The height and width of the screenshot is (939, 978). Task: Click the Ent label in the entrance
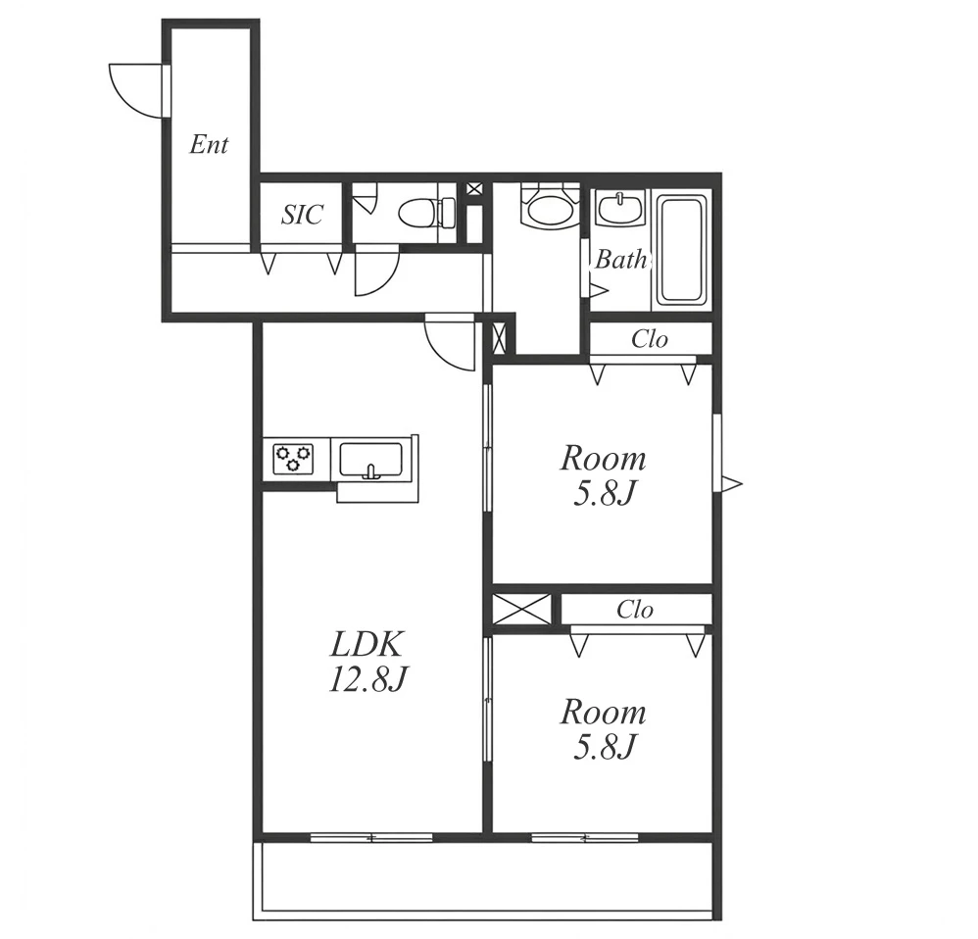[x=209, y=145]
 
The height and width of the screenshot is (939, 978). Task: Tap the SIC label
[x=302, y=215]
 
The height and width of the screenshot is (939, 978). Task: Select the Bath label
[x=620, y=259]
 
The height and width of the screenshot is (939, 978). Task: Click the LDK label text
[x=367, y=645]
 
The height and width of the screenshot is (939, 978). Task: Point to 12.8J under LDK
[x=367, y=679]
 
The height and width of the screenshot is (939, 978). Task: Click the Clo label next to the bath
[x=650, y=339]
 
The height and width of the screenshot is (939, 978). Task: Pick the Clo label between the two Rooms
[x=635, y=610]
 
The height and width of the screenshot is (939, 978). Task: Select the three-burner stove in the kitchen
[x=293, y=458]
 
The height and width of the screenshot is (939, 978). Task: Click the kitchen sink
[x=370, y=460]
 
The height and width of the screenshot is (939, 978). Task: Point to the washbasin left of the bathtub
[x=620, y=208]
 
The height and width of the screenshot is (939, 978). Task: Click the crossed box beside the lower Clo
[x=521, y=609]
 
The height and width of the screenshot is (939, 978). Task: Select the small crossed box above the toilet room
[x=474, y=188]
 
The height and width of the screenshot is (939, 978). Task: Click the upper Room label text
[x=603, y=459]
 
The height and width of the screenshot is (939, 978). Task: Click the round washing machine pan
[x=548, y=206]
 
